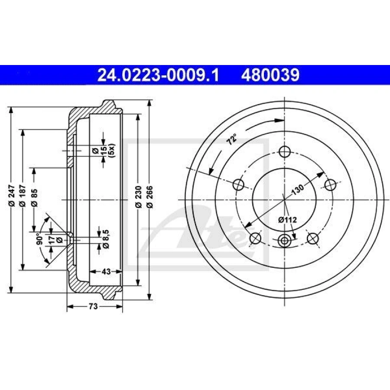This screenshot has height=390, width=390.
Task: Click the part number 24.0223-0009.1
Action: (159, 75)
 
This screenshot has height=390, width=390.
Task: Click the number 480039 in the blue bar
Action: (270, 75)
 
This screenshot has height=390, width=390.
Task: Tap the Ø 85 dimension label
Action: (35, 198)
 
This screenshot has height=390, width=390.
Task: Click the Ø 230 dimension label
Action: (139, 196)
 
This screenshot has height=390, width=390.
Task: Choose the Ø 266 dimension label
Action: (150, 196)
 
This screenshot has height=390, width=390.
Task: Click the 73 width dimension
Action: (93, 306)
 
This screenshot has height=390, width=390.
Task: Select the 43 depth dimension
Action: (106, 271)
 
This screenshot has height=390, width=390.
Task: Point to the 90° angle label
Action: (39, 239)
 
